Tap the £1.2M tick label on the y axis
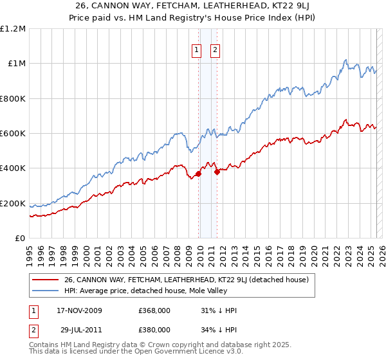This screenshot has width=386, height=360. pyautogui.click(x=13, y=29)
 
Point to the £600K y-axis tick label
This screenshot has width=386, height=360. pyautogui.click(x=13, y=134)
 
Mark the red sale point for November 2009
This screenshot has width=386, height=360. pyautogui.click(x=199, y=174)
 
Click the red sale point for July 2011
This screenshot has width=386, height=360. pyautogui.click(x=217, y=172)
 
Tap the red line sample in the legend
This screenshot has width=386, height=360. pyautogui.click(x=45, y=280)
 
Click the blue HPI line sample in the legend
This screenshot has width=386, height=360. pyautogui.click(x=45, y=291)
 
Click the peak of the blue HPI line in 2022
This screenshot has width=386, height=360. pyautogui.click(x=345, y=60)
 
